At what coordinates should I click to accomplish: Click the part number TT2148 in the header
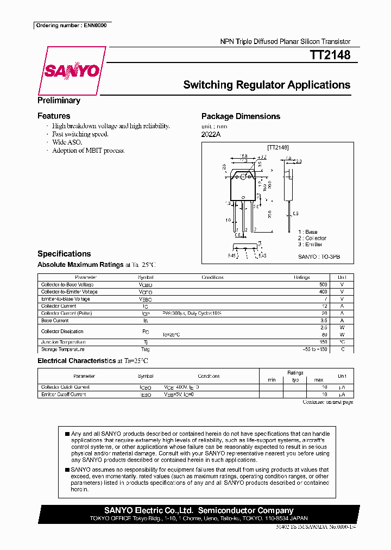click(x=330, y=55)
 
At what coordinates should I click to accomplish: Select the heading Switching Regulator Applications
click(x=267, y=85)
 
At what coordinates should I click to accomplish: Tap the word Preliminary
click(x=59, y=101)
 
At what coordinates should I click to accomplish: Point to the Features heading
click(x=54, y=116)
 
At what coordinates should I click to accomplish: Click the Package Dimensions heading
click(x=241, y=116)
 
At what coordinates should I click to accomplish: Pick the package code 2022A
click(x=211, y=134)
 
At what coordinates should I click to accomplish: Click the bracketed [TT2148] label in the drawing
click(x=278, y=147)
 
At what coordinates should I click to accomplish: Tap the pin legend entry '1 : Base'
click(x=307, y=232)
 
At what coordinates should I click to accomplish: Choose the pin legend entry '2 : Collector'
click(x=312, y=238)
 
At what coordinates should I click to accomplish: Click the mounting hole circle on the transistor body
click(x=245, y=176)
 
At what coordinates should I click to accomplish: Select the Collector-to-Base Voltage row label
click(x=67, y=285)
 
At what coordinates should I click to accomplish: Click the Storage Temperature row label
click(x=63, y=349)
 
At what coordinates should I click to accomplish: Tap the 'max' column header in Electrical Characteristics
click(x=319, y=379)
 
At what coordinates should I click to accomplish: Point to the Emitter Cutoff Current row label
click(x=64, y=394)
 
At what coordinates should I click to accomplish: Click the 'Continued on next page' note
click(x=327, y=402)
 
